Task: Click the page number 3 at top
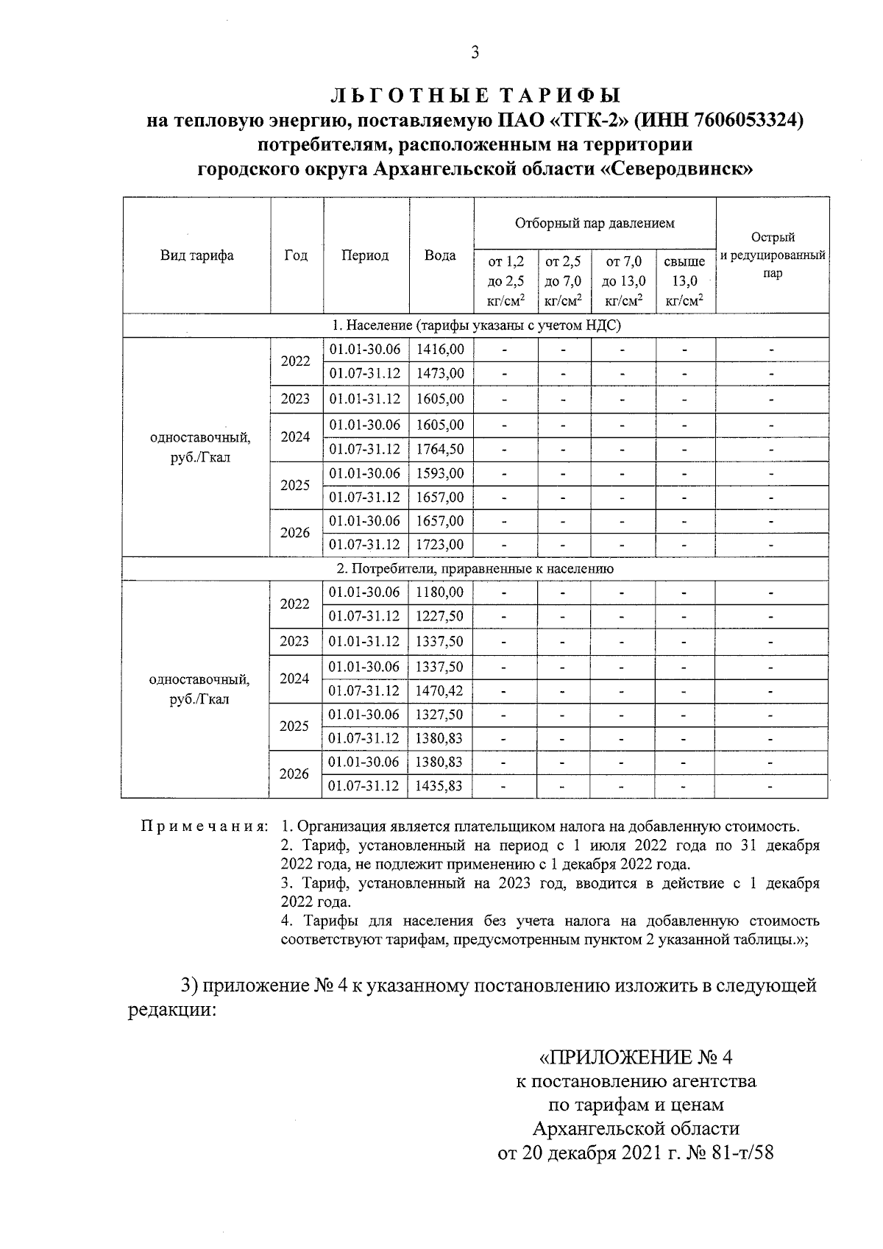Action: pos(475,52)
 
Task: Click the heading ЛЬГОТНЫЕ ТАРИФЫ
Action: pos(475,96)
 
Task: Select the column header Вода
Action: pos(440,255)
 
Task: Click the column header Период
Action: pos(365,255)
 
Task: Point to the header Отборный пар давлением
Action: pos(594,222)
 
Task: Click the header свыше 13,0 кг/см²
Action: pos(684,280)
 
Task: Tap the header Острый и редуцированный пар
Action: pos(772,255)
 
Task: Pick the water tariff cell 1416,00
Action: pos(440,350)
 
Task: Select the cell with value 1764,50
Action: pos(440,449)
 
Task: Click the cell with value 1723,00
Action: pos(440,545)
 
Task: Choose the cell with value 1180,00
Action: pos(440,592)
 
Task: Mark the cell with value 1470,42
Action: pos(440,690)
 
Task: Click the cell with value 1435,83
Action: pos(440,785)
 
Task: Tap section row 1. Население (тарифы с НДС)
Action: pos(475,325)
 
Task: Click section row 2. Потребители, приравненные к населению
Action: pos(475,568)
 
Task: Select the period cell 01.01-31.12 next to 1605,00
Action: pos(365,399)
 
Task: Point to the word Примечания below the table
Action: pos(204,826)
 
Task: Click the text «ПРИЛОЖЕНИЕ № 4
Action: pos(636,1058)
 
